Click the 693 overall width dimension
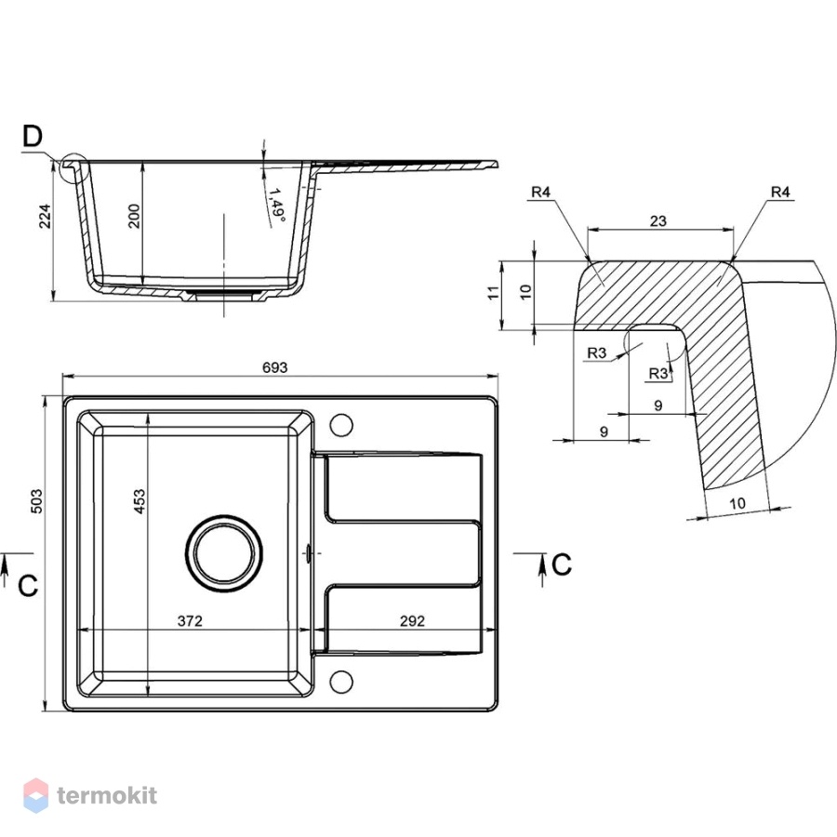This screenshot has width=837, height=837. coord(275,367)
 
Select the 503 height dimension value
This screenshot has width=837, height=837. coord(37,500)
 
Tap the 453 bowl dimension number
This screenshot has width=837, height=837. coord(139,501)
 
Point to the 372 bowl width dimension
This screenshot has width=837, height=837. coord(190,621)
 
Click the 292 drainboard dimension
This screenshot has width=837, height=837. coord(412,621)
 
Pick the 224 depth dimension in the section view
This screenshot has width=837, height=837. coord(46,216)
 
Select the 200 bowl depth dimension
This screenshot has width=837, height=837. coord(134,216)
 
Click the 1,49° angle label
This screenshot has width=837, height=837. coord(276,204)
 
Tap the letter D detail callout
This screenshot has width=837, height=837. coord(33,136)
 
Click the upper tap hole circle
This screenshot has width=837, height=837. coord(341,425)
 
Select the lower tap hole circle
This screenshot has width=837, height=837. coord(341,682)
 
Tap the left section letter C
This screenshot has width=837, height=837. coord(28,586)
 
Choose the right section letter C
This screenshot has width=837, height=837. coord(562,565)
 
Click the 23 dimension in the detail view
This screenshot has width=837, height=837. coord(658,220)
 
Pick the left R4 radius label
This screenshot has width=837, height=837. coord(540,192)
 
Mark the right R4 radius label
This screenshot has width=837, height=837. coord(780,192)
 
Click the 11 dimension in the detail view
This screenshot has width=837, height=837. coord(493,293)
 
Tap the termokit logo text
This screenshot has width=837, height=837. coord(107,795)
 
